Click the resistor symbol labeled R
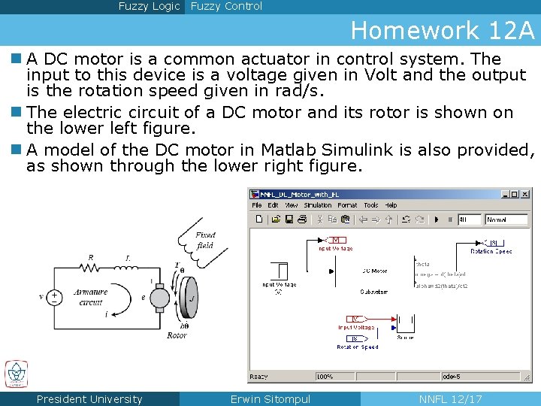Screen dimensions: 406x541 pos(91,267)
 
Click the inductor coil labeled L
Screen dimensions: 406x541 pos(127,267)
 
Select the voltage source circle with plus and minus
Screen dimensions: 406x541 pos(54,296)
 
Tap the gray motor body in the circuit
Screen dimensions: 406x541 pos(159,297)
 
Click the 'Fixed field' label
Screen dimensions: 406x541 pos(204,240)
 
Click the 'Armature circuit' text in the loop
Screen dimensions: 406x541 pos(91,297)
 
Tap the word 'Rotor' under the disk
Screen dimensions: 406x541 pos(177,335)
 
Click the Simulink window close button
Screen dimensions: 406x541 pos(524,194)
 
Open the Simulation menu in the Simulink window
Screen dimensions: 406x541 pos(317,205)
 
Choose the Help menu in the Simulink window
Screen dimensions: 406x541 pos(391,205)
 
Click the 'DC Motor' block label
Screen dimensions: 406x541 pos(374,271)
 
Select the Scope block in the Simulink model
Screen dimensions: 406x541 pos(405,324)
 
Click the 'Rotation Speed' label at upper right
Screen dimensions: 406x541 pos(491,251)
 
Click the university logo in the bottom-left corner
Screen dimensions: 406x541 pos(16,374)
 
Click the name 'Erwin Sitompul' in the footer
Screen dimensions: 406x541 pos(270,399)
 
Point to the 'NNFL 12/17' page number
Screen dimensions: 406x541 pos(450,399)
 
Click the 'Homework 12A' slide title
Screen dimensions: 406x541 pos(443,30)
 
